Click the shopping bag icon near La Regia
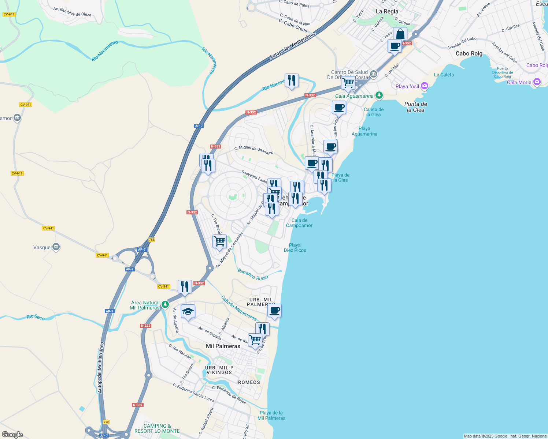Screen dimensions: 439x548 400,34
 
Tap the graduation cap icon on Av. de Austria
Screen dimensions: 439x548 188,312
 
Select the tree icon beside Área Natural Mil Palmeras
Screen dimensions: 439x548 165,304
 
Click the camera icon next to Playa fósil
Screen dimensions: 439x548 425,86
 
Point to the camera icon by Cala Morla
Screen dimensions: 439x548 537,82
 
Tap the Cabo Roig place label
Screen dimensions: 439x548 469,53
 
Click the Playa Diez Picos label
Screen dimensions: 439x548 295,248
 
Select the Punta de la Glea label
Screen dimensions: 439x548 415,107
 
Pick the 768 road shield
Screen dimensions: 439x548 152,240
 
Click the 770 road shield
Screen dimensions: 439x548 106,422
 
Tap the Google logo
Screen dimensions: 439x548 12,434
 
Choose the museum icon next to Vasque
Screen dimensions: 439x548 56,247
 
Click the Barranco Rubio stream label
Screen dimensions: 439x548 253,274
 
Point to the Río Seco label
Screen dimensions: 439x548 36,317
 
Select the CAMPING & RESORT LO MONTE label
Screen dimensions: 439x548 157,428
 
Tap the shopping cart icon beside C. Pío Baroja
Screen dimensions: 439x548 219,241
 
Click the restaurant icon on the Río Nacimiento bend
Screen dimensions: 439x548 292,80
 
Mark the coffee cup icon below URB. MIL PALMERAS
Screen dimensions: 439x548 274,311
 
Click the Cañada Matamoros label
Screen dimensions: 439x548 239,308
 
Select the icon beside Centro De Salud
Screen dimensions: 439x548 373,74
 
